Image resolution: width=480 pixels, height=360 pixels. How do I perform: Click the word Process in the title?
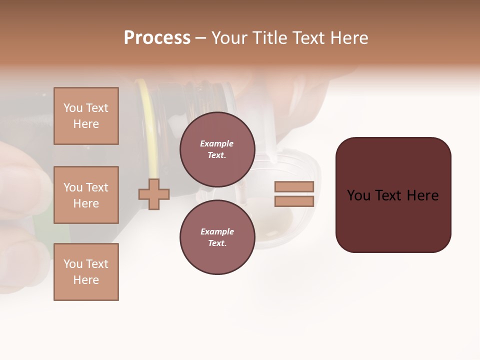click(x=157, y=38)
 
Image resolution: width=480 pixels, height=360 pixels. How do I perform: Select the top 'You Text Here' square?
click(x=86, y=116)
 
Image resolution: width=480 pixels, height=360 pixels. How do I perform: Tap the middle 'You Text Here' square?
click(x=86, y=195)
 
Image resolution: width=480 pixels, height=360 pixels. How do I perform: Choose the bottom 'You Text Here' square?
click(x=86, y=271)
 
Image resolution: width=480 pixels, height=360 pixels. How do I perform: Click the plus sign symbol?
click(x=153, y=194)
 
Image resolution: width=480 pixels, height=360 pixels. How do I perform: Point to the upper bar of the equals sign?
click(x=294, y=186)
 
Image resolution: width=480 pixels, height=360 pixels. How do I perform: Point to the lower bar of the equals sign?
click(x=294, y=201)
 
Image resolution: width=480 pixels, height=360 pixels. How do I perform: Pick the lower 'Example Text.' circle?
click(x=217, y=237)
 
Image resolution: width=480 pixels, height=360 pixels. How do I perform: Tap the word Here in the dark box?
click(x=422, y=195)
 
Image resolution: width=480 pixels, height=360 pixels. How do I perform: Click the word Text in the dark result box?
click(x=389, y=195)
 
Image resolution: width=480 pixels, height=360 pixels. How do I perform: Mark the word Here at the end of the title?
click(x=349, y=38)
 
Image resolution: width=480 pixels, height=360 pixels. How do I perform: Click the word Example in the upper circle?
click(x=216, y=144)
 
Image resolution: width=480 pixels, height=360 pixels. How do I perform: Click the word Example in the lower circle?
click(x=216, y=232)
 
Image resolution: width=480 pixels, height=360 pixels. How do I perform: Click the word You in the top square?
click(x=73, y=108)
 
